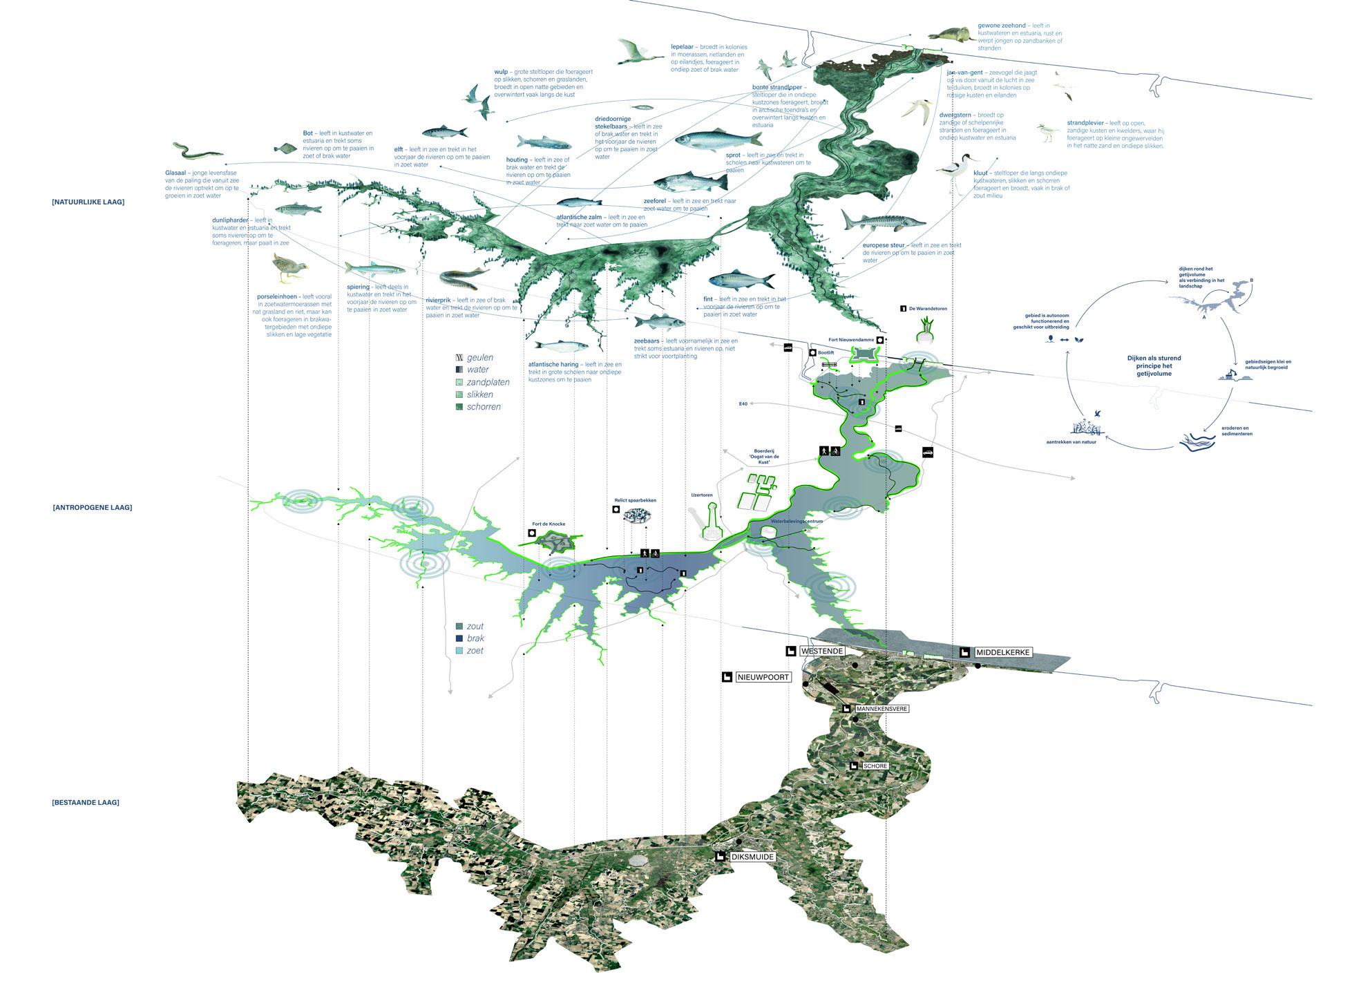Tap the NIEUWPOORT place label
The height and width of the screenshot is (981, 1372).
click(x=763, y=677)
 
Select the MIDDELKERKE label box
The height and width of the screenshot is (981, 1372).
click(x=1002, y=652)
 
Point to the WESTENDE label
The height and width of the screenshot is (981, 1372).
click(x=822, y=651)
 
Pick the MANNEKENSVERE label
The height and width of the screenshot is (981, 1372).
click(x=881, y=709)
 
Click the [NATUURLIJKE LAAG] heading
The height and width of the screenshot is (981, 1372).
click(x=88, y=202)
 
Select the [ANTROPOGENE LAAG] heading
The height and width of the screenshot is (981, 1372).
click(x=92, y=508)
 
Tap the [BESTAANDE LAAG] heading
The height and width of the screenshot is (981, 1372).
click(x=85, y=803)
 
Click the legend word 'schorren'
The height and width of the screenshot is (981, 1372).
click(x=484, y=407)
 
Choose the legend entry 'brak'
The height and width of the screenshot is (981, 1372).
click(x=475, y=638)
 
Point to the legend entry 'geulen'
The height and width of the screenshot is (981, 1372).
click(x=479, y=358)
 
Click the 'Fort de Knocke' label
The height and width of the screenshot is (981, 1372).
click(x=549, y=524)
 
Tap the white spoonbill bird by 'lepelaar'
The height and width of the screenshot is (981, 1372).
click(x=636, y=52)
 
